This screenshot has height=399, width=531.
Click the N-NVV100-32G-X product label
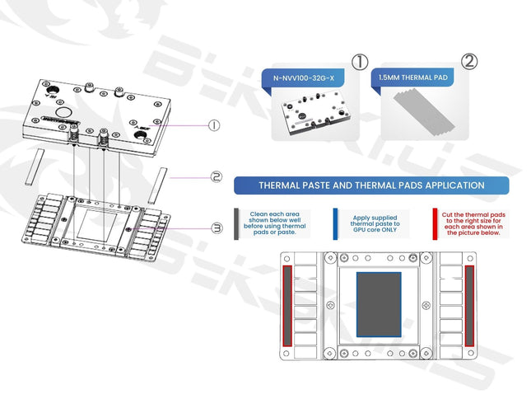303,78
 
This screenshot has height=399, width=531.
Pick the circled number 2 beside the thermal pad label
469,62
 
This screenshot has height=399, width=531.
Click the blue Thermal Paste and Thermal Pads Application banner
371,185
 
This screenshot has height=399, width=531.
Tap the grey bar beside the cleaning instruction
238,223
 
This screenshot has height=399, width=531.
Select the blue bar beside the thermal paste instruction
335,223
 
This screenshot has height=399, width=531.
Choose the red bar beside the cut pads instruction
434,223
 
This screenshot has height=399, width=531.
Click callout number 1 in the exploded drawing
214,125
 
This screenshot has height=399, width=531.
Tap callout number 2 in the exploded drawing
215,176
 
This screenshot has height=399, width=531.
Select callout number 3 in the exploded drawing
217,228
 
